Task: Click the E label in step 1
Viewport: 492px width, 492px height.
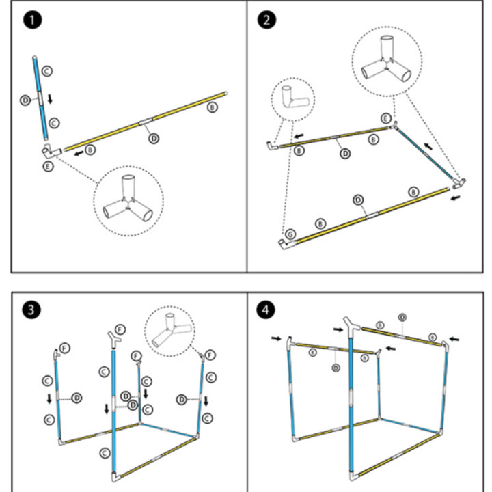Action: coord(48,166)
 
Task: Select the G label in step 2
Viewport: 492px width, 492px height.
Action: coord(290,234)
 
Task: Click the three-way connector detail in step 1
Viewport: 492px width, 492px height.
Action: coord(128,202)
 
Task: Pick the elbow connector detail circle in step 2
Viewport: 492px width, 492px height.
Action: coord(293,99)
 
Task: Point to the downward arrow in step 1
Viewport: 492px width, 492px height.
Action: coord(50,99)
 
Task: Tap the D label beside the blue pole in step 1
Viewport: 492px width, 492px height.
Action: coord(25,100)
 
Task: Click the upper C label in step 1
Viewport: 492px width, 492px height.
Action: coord(46,70)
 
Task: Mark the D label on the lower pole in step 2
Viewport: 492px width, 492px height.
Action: coord(357,200)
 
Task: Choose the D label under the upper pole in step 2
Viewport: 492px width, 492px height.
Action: coord(344,154)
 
